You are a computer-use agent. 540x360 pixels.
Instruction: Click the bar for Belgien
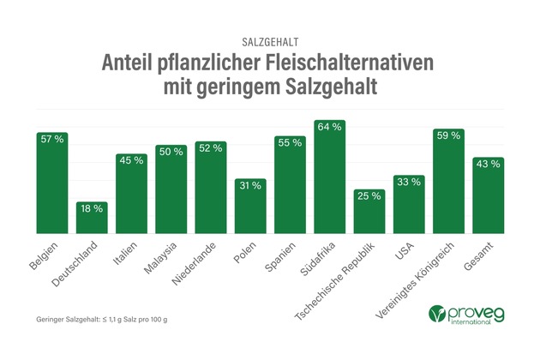tap(51, 184)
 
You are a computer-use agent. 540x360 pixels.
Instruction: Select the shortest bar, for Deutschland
tap(91, 219)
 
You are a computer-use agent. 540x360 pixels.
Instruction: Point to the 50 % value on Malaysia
tap(171, 153)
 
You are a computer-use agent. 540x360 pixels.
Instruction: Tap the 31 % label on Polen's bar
tap(250, 185)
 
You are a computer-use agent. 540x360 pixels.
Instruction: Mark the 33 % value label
tap(409, 182)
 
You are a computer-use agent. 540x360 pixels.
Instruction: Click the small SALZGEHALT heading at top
tap(270, 40)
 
